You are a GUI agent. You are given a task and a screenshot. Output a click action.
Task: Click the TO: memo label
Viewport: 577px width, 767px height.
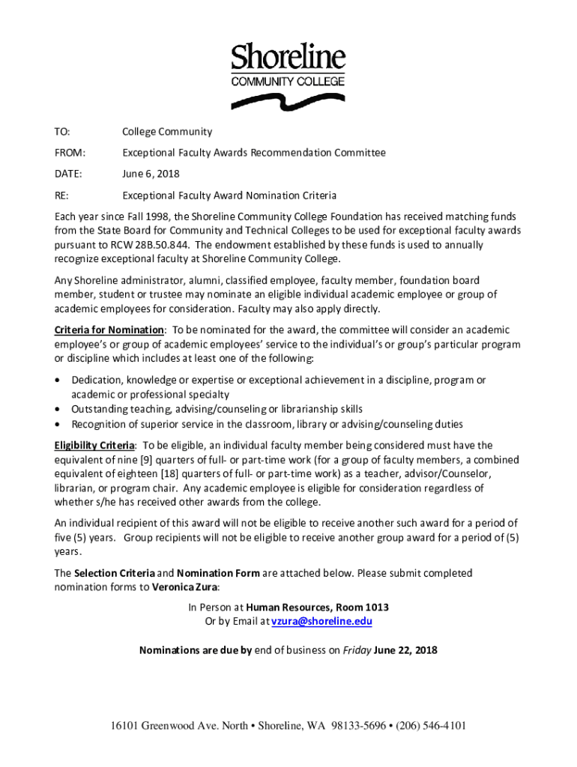pyautogui.click(x=61, y=132)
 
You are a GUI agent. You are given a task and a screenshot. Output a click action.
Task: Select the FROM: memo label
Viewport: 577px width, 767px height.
pyautogui.click(x=69, y=153)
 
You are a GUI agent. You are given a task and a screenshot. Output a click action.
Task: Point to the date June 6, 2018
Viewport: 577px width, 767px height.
pyautogui.click(x=151, y=174)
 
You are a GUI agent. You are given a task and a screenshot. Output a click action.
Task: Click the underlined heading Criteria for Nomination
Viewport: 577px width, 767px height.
pyautogui.click(x=109, y=330)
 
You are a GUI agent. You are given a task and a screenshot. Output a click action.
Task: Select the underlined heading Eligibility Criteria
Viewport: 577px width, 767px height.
pyautogui.click(x=94, y=445)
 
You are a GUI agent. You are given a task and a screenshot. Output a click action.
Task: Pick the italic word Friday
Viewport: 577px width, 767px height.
pyautogui.click(x=356, y=649)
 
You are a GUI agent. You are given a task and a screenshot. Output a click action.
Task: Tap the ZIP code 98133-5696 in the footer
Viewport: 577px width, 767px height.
pyautogui.click(x=360, y=725)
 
